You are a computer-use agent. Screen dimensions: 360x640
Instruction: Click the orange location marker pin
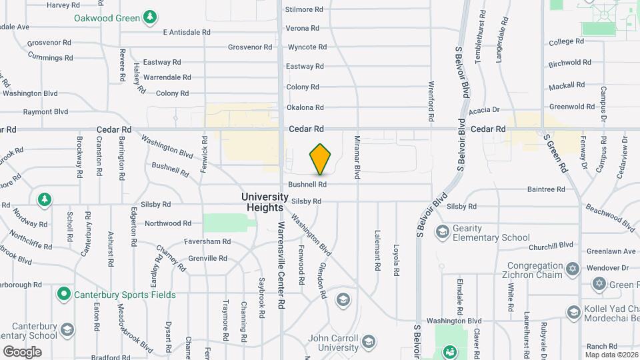(321, 160)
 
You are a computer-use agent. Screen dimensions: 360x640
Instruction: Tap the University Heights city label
(265, 202)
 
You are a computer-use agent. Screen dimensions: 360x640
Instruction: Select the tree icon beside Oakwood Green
(151, 15)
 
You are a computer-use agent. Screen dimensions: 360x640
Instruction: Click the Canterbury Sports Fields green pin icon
(64, 293)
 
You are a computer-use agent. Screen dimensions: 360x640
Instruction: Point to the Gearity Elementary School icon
(441, 231)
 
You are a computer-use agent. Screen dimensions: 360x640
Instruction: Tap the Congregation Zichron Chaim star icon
(572, 270)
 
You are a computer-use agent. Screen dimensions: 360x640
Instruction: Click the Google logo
(22, 351)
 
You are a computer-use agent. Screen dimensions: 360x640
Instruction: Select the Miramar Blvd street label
(357, 162)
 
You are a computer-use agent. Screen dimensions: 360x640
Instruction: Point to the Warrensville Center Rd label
(282, 265)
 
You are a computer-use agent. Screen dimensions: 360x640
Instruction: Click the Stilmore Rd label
(304, 9)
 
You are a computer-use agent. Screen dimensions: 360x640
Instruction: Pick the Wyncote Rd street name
(307, 47)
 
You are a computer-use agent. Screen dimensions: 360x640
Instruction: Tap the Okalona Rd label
(305, 107)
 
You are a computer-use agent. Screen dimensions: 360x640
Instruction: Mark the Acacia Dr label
(483, 110)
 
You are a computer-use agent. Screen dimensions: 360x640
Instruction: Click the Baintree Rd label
(546, 189)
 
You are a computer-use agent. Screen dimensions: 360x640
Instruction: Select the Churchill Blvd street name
(551, 245)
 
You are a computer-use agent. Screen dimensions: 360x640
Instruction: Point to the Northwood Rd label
(168, 223)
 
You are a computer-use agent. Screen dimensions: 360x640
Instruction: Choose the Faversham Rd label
(209, 241)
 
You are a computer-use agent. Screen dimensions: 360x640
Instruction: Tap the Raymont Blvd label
(45, 111)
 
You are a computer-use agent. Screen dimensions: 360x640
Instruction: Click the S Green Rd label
(556, 154)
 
